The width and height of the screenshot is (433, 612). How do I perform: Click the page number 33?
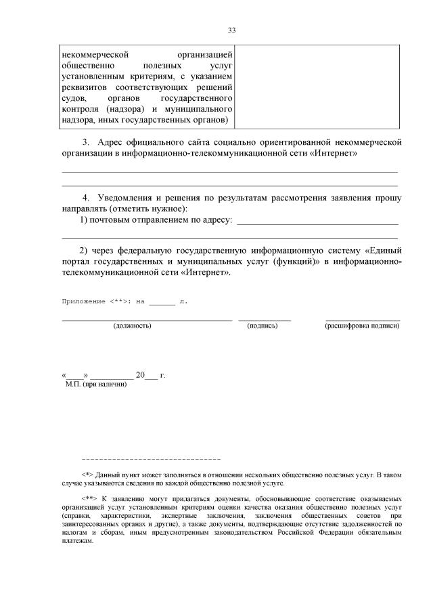[x=231, y=30]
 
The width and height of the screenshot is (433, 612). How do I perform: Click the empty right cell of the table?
[x=317, y=86]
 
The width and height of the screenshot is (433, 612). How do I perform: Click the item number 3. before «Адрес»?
[x=86, y=142]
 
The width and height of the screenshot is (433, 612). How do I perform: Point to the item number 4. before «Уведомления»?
[x=86, y=198]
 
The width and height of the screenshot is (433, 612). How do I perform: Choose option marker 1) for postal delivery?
[x=85, y=221]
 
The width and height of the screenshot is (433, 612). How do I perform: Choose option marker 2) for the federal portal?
[x=85, y=250]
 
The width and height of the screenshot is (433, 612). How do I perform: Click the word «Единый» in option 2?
[x=384, y=250]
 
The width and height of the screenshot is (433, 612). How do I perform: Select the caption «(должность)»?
[x=133, y=326]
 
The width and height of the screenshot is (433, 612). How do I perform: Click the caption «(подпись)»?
[x=263, y=326]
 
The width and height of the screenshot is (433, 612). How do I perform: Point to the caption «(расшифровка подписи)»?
[x=362, y=326]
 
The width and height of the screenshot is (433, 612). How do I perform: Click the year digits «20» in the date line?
[x=140, y=375]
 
